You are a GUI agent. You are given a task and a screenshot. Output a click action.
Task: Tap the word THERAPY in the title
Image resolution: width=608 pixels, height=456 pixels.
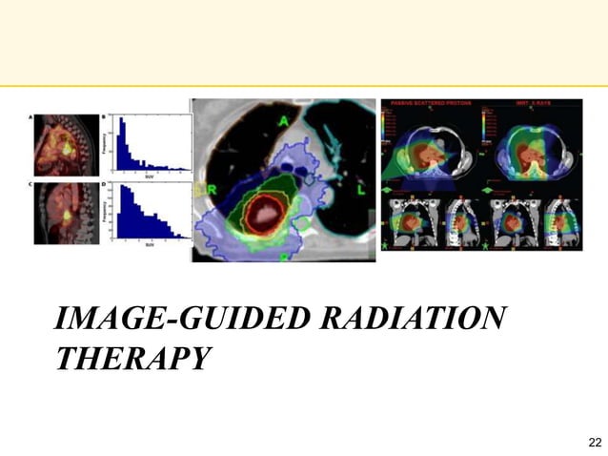(132, 359)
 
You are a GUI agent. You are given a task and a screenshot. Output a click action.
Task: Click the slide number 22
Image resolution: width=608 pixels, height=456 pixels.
(596, 442)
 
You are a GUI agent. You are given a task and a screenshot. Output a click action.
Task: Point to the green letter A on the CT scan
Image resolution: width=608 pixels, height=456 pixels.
(284, 122)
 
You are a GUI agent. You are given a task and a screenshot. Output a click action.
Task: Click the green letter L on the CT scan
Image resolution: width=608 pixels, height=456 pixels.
(361, 193)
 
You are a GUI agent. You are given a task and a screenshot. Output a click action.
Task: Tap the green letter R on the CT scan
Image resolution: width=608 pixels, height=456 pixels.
(213, 191)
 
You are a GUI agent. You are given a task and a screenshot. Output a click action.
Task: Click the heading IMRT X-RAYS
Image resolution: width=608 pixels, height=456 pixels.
(530, 102)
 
